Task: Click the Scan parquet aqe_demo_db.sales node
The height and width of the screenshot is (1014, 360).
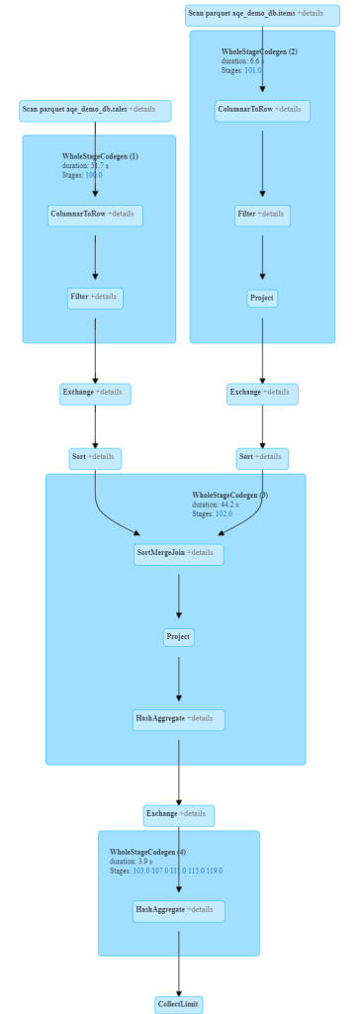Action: (x=95, y=111)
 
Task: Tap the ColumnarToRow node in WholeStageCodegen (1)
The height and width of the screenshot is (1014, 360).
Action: (x=95, y=216)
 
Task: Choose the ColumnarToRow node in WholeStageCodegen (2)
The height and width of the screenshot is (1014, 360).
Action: (x=262, y=111)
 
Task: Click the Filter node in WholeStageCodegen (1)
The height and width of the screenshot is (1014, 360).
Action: (x=95, y=298)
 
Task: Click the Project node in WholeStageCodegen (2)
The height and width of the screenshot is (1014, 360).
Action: (x=262, y=298)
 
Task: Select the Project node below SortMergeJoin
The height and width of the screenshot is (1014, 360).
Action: (x=179, y=637)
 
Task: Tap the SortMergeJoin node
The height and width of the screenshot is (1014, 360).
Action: (x=179, y=554)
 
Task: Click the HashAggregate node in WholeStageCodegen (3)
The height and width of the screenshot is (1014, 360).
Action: (x=179, y=719)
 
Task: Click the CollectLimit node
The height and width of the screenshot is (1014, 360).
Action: (x=179, y=1004)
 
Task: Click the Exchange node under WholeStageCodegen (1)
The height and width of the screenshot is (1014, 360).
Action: (x=95, y=393)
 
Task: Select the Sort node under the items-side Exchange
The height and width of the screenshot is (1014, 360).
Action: (x=262, y=458)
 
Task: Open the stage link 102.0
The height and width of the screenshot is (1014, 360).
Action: (x=223, y=514)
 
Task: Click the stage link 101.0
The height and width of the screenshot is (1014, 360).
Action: (x=252, y=70)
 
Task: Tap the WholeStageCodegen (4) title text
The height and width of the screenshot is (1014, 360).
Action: (x=147, y=852)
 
